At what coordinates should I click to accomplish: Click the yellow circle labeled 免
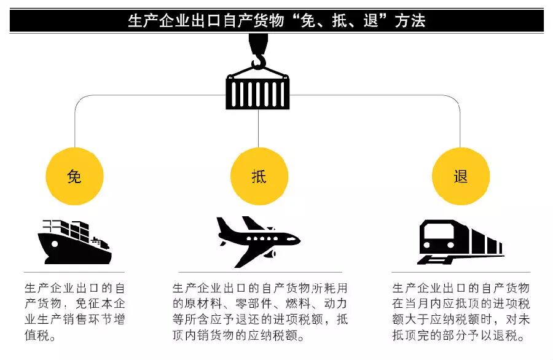click(74, 177)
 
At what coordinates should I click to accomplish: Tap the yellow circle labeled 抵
click(259, 177)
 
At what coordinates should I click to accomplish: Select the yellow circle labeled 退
click(461, 177)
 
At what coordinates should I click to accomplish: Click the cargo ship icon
click(74, 242)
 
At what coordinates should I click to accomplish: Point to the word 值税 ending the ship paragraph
click(39, 336)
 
